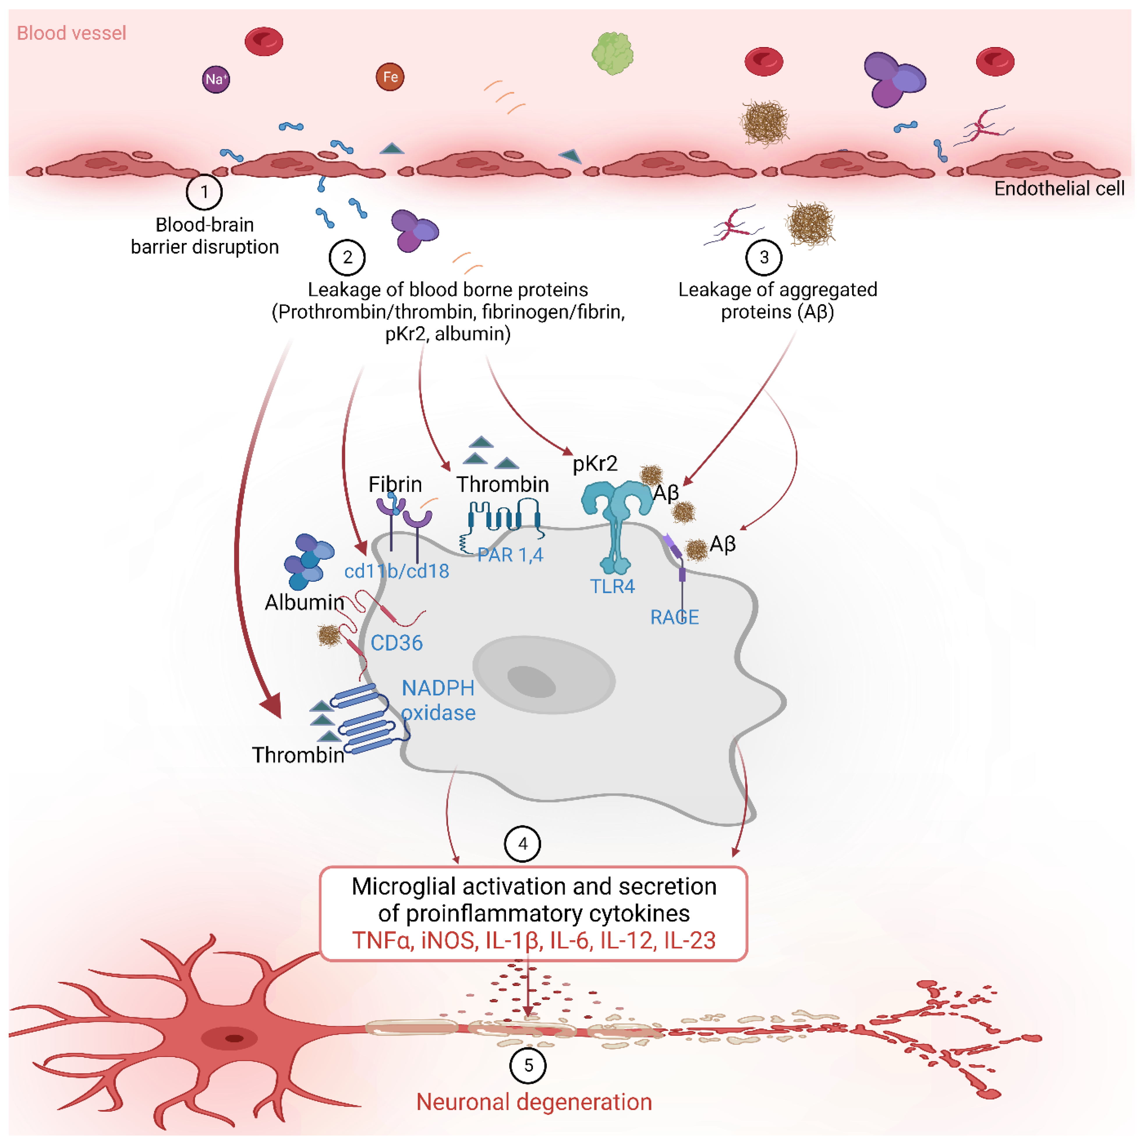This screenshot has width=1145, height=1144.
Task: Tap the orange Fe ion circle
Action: (390, 77)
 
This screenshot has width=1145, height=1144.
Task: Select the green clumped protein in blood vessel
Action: (612, 53)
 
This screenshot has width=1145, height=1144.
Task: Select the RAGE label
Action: (675, 617)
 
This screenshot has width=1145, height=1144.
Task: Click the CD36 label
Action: (397, 643)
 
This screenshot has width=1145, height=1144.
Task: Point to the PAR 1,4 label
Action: (510, 555)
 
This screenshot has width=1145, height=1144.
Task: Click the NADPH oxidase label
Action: (438, 700)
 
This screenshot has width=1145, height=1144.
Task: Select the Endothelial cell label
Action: (1059, 188)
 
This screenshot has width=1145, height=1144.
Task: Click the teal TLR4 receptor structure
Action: (616, 521)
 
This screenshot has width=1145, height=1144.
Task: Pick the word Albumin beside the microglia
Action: (304, 602)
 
